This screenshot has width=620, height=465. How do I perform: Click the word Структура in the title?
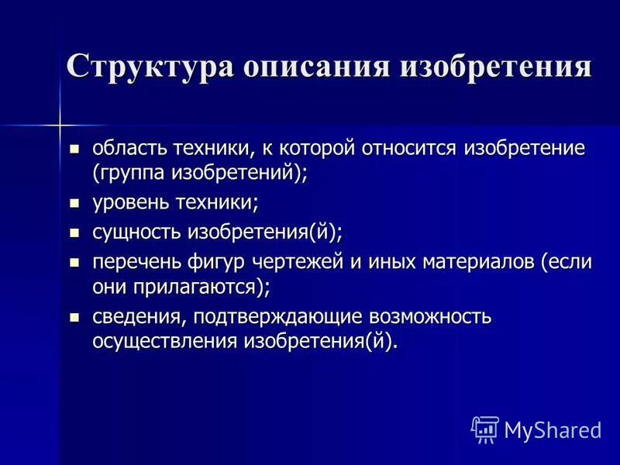[149, 65]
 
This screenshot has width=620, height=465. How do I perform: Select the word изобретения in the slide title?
[496, 65]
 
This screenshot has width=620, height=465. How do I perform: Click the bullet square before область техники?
[75, 148]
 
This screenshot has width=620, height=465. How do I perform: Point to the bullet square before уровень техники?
[75, 204]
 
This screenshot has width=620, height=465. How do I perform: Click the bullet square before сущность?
[75, 232]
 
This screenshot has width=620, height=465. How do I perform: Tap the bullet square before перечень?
[75, 262]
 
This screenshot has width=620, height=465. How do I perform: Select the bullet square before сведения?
[75, 318]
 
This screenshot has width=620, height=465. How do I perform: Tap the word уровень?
[129, 203]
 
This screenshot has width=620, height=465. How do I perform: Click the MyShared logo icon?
[485, 429]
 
